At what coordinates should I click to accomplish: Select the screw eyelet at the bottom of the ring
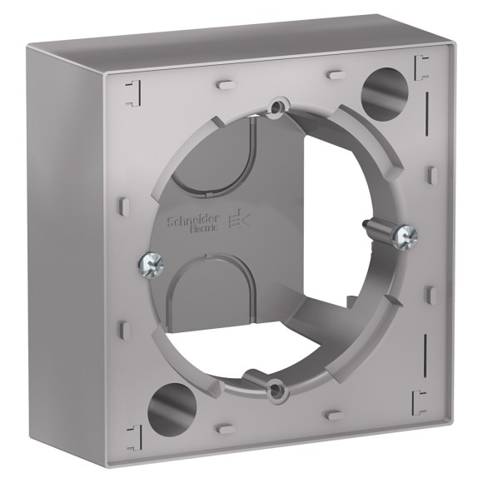click(x=273, y=386)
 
